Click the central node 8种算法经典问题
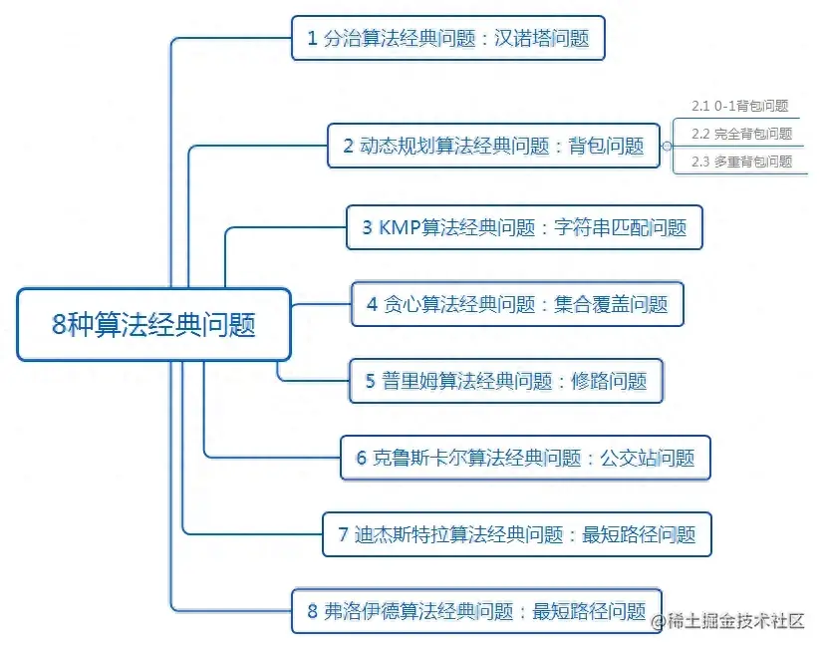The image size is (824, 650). point(153,324)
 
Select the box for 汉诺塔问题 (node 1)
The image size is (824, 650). point(448,39)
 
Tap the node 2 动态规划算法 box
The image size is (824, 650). point(494,146)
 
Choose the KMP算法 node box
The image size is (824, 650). point(524,227)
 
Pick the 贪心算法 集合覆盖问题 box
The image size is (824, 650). point(517,304)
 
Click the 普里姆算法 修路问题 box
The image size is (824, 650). point(506,380)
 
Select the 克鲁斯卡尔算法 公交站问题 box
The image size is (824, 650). point(525,458)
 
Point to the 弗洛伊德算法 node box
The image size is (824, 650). point(477,610)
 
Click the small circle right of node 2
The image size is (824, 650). point(666,147)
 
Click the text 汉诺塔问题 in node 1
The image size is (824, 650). point(542,40)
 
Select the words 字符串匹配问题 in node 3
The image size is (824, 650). point(619,228)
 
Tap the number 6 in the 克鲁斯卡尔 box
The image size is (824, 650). point(362,459)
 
